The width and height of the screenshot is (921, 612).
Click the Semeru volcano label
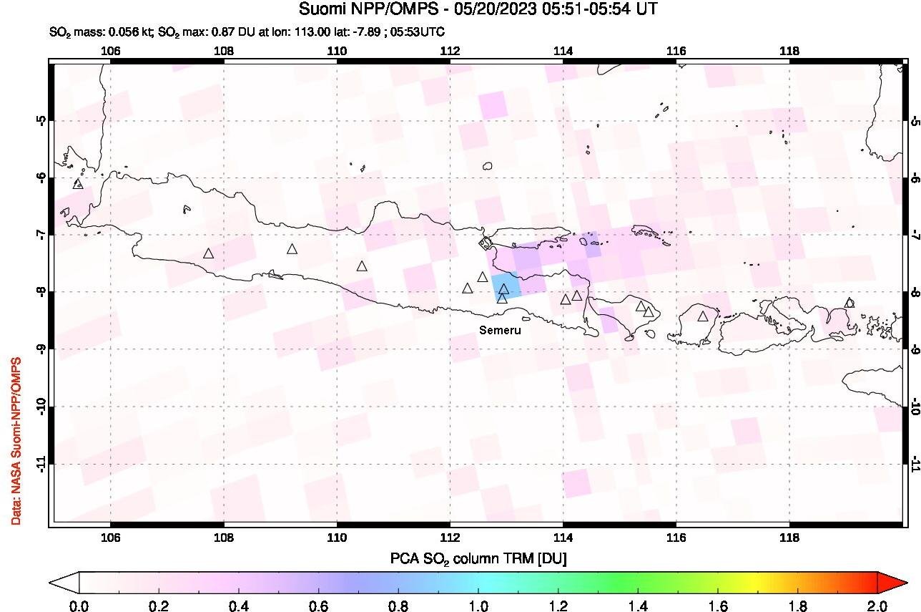click(501, 331)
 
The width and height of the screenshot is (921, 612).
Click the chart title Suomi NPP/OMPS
click(478, 9)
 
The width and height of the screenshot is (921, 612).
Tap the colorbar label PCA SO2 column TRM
click(478, 558)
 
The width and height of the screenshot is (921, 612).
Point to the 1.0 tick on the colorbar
click(478, 606)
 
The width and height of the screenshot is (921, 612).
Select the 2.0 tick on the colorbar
click(877, 606)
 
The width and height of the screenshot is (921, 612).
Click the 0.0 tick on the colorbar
click(79, 606)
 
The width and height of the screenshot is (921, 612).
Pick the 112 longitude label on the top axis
click(450, 51)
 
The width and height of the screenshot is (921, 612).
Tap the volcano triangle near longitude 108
click(208, 253)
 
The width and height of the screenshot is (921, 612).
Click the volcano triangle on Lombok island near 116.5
click(703, 316)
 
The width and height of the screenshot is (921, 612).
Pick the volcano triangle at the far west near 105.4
click(78, 184)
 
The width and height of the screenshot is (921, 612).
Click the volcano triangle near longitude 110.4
click(362, 266)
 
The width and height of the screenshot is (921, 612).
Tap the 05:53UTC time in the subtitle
click(421, 31)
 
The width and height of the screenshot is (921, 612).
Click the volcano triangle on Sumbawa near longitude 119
click(849, 303)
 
